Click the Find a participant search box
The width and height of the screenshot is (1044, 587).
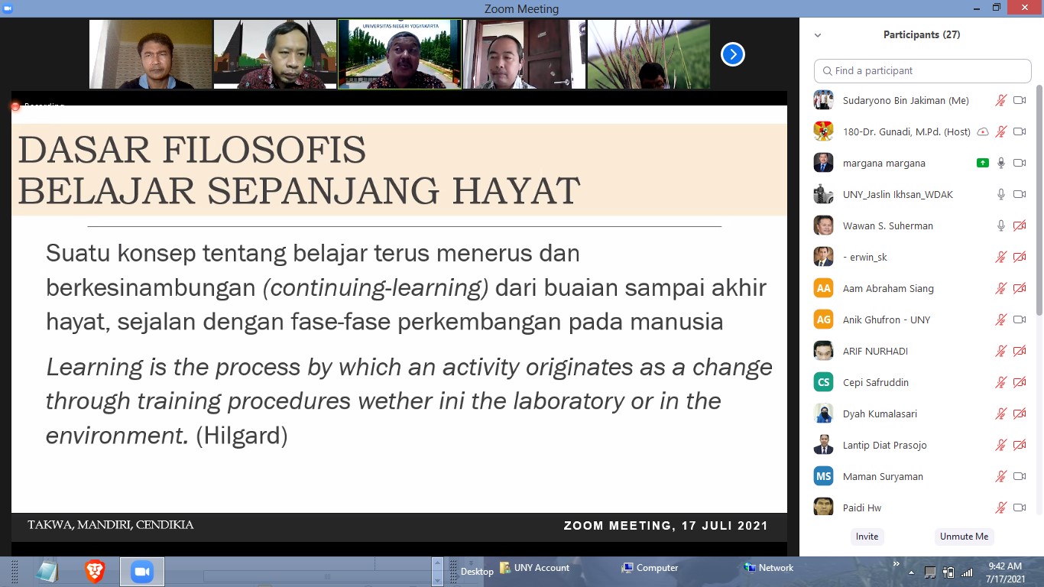click(922, 71)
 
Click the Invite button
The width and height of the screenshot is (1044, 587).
click(867, 537)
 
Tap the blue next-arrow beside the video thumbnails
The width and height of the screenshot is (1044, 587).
click(733, 54)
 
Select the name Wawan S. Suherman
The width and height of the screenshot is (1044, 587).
click(888, 225)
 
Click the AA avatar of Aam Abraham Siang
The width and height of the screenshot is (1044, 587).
click(824, 288)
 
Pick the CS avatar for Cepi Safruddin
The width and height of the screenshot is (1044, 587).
click(824, 382)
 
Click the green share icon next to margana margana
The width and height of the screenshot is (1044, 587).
click(983, 163)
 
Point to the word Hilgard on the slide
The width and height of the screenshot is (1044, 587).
click(242, 436)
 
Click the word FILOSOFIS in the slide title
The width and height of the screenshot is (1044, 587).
click(264, 150)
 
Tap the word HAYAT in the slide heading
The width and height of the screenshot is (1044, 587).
click(517, 190)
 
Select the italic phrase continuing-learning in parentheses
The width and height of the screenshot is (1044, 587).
click(376, 287)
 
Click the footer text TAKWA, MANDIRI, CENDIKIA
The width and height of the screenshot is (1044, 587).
click(111, 525)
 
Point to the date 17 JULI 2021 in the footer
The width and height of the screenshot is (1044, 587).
click(725, 525)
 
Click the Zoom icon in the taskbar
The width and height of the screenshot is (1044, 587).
click(142, 571)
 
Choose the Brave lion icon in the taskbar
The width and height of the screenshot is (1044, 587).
click(94, 571)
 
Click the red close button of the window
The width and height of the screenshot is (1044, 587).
click(1024, 8)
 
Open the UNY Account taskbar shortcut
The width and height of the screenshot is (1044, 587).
click(534, 567)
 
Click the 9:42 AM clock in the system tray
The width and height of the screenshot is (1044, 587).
click(1005, 566)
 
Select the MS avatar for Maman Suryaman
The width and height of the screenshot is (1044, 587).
click(824, 476)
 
